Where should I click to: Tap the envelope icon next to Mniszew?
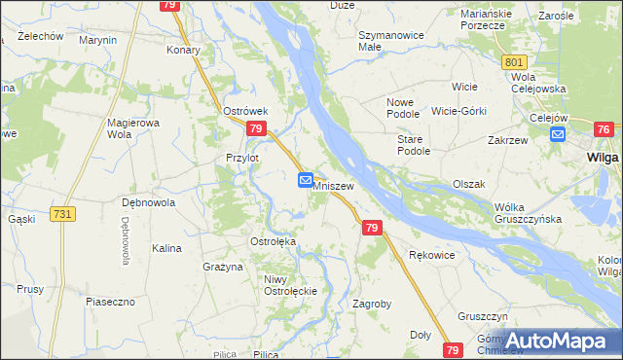coord(305,180)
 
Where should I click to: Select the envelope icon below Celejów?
coord(557,135)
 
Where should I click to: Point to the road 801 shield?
coord(515,62)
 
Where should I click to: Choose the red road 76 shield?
coord(605,129)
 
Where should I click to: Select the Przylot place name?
coord(241,158)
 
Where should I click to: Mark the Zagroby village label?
coord(372,304)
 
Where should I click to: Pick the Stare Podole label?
coord(413,145)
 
